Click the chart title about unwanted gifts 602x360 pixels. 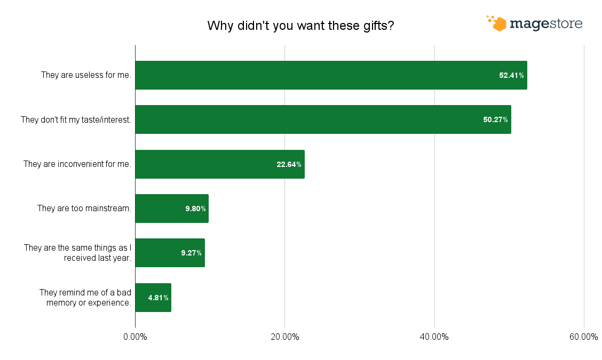(300, 26)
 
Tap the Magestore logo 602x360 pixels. (534, 23)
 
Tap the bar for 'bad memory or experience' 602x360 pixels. (153, 298)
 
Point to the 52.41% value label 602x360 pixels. (511, 75)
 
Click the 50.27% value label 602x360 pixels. (495, 119)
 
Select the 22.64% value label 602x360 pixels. (289, 164)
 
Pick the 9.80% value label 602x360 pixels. (195, 209)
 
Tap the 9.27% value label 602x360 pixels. (191, 253)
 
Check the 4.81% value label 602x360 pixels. (159, 298)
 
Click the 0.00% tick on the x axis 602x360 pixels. (135, 337)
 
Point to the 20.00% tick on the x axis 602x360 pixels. (284, 337)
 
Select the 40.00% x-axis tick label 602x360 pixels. (434, 337)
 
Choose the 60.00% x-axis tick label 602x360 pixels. (583, 337)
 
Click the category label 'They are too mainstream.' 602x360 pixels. (84, 209)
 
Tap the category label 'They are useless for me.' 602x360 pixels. (86, 75)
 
